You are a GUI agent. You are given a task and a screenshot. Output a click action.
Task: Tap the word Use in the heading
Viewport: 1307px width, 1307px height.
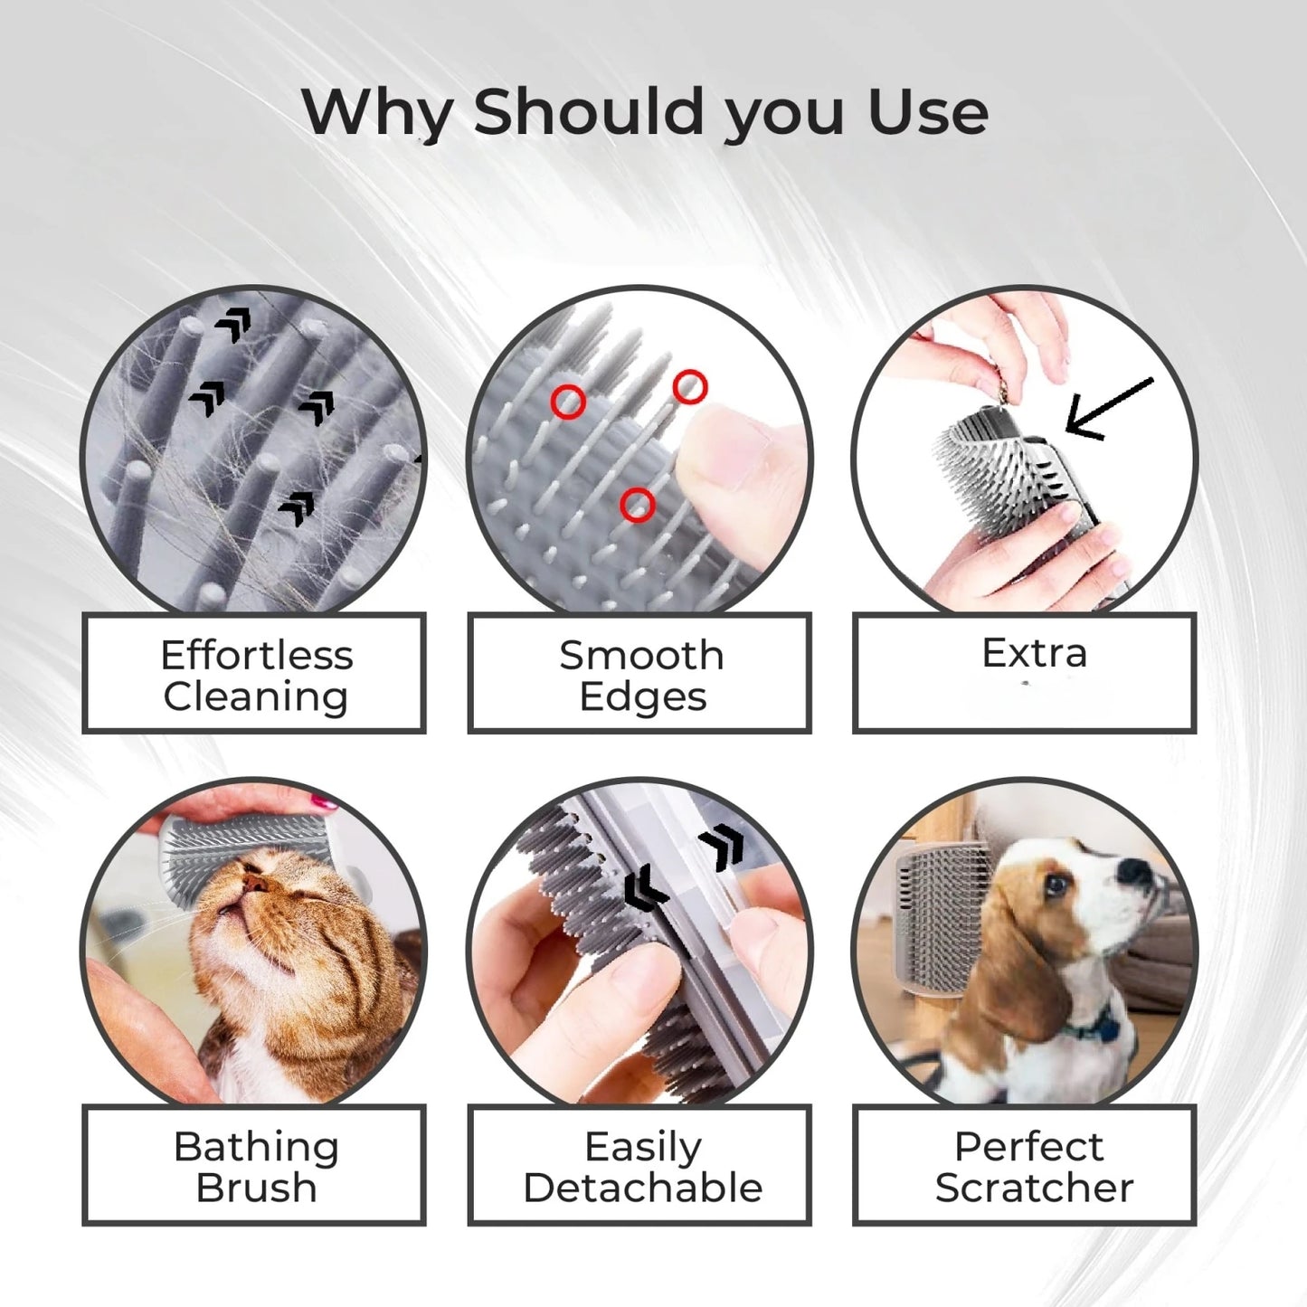[927, 112]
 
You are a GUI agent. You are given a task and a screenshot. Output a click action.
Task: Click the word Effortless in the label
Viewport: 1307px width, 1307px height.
[256, 655]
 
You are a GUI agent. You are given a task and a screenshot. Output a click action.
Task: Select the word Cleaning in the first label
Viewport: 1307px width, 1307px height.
[256, 697]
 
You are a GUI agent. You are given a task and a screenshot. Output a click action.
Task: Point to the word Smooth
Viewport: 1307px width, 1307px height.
[641, 655]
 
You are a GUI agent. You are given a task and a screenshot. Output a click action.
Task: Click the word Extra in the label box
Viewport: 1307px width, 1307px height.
[1034, 652]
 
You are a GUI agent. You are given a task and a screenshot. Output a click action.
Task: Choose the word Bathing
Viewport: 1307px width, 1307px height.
[256, 1146]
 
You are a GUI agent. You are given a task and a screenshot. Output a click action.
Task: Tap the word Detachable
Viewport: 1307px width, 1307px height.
[642, 1188]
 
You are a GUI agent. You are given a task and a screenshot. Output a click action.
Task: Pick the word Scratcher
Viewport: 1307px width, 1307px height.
[1034, 1188]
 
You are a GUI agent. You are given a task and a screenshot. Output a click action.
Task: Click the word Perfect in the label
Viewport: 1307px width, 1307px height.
[1028, 1146]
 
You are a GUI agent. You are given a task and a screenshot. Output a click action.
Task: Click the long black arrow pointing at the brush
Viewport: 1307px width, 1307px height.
[1109, 409]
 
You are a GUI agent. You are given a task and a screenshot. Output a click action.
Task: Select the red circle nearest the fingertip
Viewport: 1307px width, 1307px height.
[689, 387]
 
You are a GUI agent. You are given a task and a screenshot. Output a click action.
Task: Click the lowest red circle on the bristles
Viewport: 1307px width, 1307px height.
[638, 505]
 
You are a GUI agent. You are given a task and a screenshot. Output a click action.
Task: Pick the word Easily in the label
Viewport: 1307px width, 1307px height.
[642, 1146]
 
